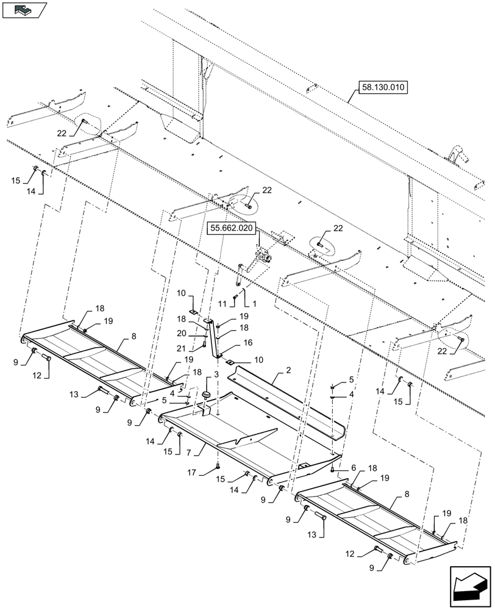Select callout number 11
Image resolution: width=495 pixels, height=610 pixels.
223,303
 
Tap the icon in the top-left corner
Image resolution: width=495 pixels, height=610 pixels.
24,10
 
